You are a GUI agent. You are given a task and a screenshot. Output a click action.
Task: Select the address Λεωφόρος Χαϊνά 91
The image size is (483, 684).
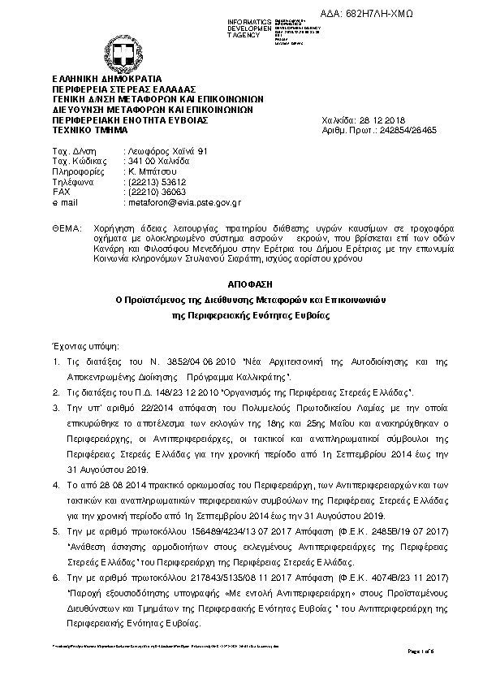pyautogui.click(x=168, y=151)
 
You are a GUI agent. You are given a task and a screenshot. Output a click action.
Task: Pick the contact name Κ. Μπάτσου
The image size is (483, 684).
pyautogui.click(x=152, y=172)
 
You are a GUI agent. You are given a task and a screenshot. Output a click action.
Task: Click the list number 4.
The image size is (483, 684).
pyautogui.click(x=55, y=484)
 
